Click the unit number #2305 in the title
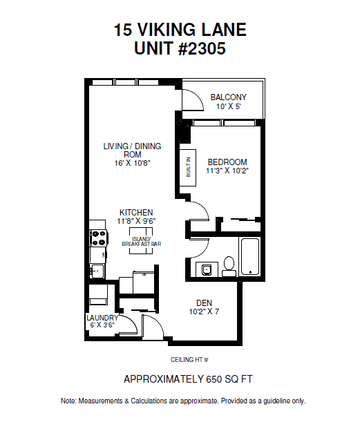(202, 48)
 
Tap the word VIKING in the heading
(167, 30)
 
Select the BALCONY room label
(228, 97)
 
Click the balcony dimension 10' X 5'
(228, 106)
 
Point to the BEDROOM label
(227, 162)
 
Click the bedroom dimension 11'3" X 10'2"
(227, 171)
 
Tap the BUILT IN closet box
(188, 168)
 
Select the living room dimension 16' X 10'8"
(132, 163)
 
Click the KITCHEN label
(136, 213)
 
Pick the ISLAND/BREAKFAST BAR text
(142, 241)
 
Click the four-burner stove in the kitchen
(99, 238)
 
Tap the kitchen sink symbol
(97, 271)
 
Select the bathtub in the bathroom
(250, 256)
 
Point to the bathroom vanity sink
(207, 269)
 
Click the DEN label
(204, 303)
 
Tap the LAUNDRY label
(102, 318)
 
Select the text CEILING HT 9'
(189, 360)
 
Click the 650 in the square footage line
(214, 379)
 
